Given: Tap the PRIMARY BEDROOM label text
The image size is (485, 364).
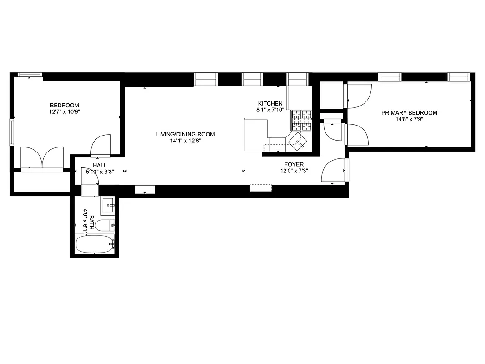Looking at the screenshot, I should pos(409,113).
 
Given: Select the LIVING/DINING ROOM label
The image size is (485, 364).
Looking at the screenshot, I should pos(185,134).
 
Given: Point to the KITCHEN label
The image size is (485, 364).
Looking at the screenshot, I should pos(270,104).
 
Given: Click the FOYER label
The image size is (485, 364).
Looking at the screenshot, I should pos(294,164).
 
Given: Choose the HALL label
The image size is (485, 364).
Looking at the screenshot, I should pos(100,165).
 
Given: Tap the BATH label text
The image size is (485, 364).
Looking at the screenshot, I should pos(91,222).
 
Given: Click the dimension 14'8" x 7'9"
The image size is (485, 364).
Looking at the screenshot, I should pos(409,120).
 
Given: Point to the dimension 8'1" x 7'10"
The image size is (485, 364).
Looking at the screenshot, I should pos(270,110).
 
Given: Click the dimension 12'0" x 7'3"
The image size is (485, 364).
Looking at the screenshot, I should pos(294,171).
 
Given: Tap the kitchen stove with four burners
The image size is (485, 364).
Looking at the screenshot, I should pos(302,120).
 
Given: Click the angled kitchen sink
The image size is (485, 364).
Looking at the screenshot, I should pos(300,142).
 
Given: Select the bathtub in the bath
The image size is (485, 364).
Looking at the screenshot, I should pos(95,244).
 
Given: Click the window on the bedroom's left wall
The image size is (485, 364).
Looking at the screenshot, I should pos(12,132).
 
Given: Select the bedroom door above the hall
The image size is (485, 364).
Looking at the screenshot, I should pos(101,145).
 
